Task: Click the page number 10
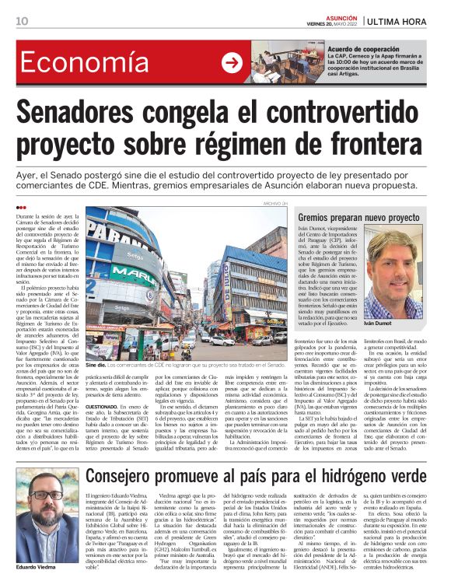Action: coord(23,20)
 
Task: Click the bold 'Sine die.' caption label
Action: coord(96,364)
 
